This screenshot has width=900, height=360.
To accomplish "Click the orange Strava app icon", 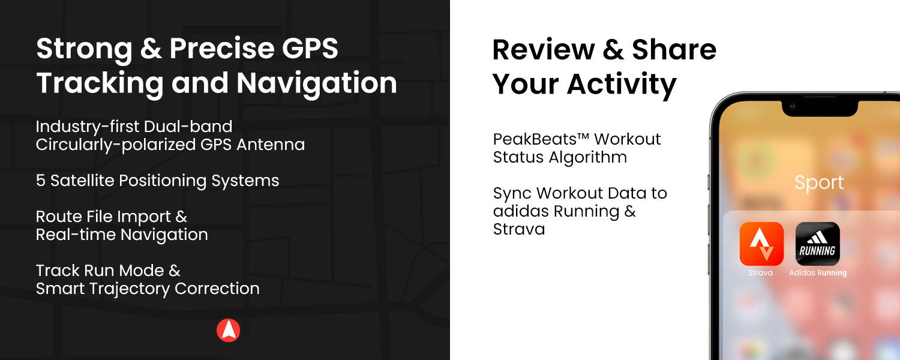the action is pyautogui.click(x=761, y=244).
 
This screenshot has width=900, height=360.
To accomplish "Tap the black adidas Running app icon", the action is pyautogui.click(x=818, y=244).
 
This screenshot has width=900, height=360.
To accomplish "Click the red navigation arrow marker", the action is pyautogui.click(x=228, y=330).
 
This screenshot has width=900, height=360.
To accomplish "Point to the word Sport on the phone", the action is pyautogui.click(x=819, y=183).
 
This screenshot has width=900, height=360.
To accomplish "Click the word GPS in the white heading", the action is pyautogui.click(x=310, y=48).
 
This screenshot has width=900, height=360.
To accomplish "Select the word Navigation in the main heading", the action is pyautogui.click(x=317, y=83).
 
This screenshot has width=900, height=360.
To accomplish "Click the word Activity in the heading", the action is pyautogui.click(x=622, y=85).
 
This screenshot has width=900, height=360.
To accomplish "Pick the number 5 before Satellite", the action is pyautogui.click(x=41, y=181).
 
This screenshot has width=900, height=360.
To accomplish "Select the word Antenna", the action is pyautogui.click(x=271, y=145).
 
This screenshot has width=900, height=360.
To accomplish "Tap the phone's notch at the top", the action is pyautogui.click(x=820, y=109).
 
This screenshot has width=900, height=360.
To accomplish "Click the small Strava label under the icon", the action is pyautogui.click(x=761, y=273).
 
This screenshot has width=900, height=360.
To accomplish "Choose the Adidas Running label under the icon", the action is pyautogui.click(x=818, y=273).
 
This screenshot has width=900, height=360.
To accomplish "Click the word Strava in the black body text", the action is pyautogui.click(x=519, y=229).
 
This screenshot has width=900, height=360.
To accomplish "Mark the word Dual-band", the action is pyautogui.click(x=188, y=127).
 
